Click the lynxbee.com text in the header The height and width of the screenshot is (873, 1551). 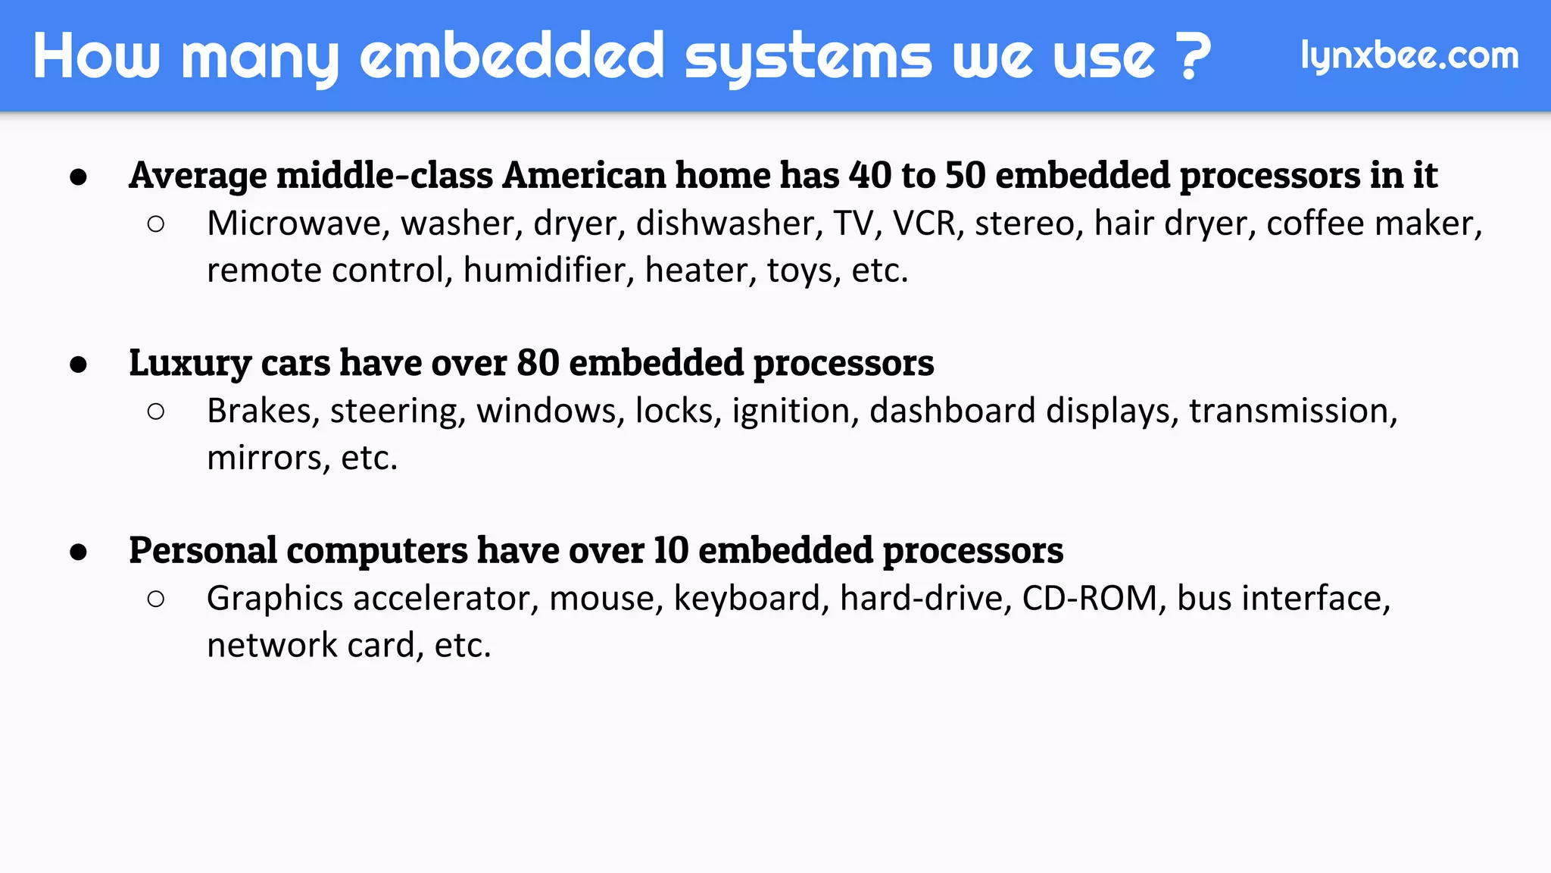point(1409,56)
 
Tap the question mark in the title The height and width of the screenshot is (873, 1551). point(1195,56)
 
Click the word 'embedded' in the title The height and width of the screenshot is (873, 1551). point(512,56)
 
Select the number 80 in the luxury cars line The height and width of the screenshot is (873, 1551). point(538,363)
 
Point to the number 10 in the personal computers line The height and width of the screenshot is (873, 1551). point(671,550)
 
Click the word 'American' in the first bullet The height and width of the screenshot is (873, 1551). point(585,176)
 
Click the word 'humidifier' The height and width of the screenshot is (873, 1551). point(548,271)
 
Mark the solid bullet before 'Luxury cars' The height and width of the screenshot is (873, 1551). point(78,365)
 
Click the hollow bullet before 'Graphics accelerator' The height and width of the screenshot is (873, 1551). point(156,599)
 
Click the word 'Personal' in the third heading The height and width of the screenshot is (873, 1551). point(203,550)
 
